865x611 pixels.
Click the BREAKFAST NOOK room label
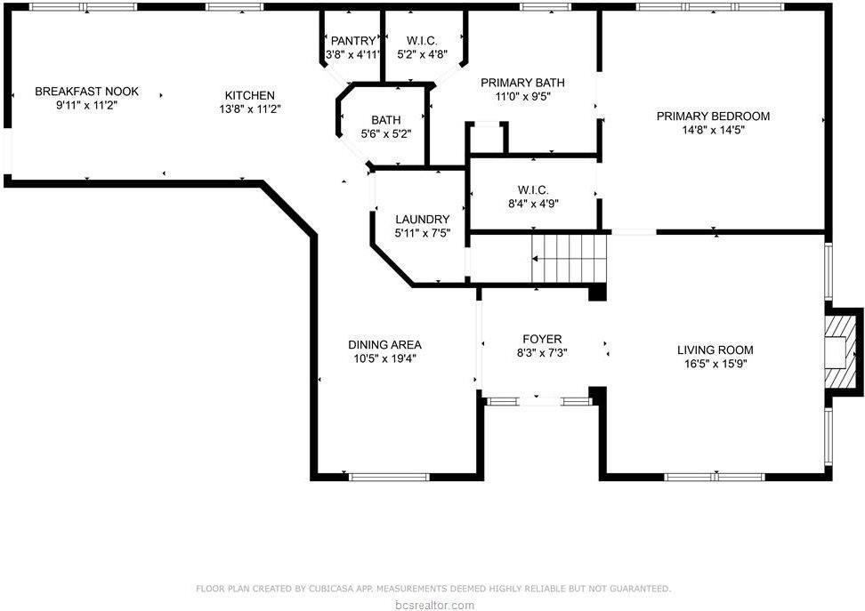tap(86, 92)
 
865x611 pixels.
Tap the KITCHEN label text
tap(249, 96)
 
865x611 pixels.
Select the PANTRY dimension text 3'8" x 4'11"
tap(354, 55)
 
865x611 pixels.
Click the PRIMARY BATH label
tap(522, 83)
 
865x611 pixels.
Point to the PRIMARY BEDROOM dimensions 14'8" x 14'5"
tap(713, 130)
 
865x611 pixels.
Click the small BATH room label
tap(385, 120)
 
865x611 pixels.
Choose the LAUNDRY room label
tap(422, 220)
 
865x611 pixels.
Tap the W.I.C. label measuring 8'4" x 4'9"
tap(532, 189)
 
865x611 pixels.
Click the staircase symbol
tap(570, 258)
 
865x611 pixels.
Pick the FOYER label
tap(541, 339)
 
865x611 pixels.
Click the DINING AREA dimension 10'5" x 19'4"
tap(384, 358)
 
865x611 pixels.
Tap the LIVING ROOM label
tap(715, 350)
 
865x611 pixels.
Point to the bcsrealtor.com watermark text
tap(432, 605)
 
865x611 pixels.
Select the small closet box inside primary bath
tap(487, 138)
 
